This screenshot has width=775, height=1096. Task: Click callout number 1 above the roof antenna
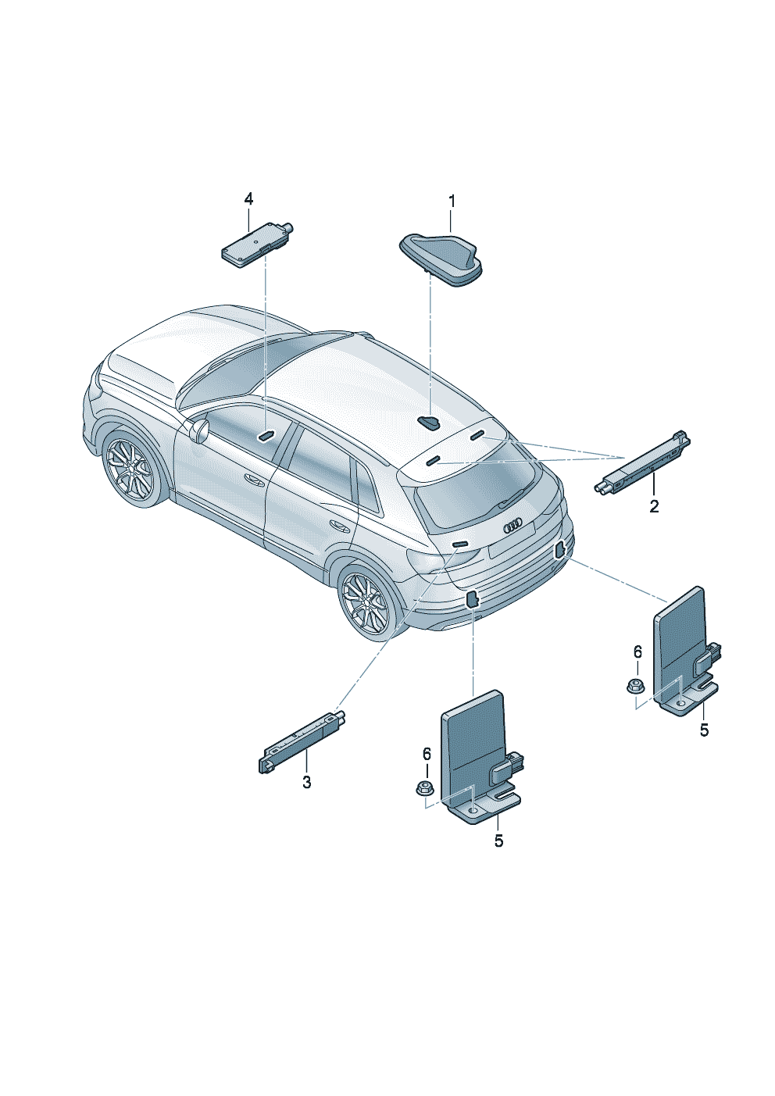[451, 201]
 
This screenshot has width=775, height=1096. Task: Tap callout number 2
[654, 506]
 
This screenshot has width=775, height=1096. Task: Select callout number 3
[306, 783]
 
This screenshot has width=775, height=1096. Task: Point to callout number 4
[248, 199]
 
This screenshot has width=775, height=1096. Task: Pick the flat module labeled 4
[257, 245]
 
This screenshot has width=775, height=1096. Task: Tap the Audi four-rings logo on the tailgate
[512, 527]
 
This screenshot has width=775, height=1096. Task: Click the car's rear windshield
[472, 490]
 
